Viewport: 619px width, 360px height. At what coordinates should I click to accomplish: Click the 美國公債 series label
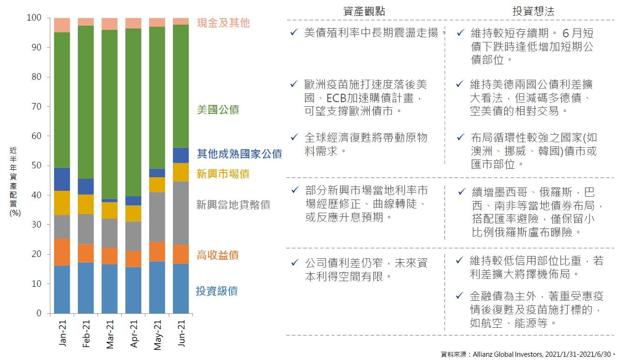[218, 110]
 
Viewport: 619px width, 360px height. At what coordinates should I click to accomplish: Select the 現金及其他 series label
[223, 23]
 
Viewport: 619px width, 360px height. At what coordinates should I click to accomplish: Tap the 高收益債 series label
[218, 255]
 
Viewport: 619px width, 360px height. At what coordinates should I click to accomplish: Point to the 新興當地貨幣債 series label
[233, 205]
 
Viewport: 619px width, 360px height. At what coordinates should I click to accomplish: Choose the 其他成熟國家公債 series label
[239, 153]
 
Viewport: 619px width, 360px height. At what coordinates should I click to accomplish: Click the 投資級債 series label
[217, 291]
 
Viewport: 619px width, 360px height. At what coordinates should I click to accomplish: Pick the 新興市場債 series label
[223, 174]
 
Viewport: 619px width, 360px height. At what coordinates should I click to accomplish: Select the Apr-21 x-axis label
[134, 333]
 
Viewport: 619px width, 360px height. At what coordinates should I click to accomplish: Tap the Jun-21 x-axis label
[181, 333]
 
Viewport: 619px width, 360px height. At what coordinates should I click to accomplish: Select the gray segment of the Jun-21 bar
[181, 213]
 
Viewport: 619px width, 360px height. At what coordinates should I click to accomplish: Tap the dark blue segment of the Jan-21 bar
[62, 179]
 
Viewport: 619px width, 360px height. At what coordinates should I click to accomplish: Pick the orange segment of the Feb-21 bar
[86, 253]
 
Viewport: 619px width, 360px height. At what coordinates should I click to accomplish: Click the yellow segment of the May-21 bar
[158, 185]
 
